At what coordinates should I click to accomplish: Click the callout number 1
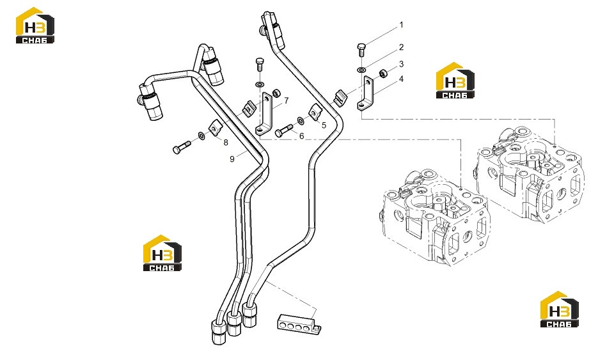pyautogui.click(x=401, y=25)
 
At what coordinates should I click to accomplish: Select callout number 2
pyautogui.click(x=401, y=47)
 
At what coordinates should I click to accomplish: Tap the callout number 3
pyautogui.click(x=401, y=64)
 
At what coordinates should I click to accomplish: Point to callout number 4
pyautogui.click(x=401, y=79)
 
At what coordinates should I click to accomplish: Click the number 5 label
pyautogui.click(x=324, y=125)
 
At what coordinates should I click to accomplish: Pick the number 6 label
pyautogui.click(x=302, y=136)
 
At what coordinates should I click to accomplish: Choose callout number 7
pyautogui.click(x=287, y=100)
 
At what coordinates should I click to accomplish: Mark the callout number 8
pyautogui.click(x=226, y=143)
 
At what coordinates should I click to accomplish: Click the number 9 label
pyautogui.click(x=232, y=159)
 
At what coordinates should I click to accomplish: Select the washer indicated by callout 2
pyautogui.click(x=361, y=70)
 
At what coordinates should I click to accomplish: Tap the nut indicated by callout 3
pyautogui.click(x=382, y=73)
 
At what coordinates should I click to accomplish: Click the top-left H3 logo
pyautogui.click(x=35, y=25)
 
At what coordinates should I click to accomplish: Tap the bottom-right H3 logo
pyautogui.click(x=559, y=309)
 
